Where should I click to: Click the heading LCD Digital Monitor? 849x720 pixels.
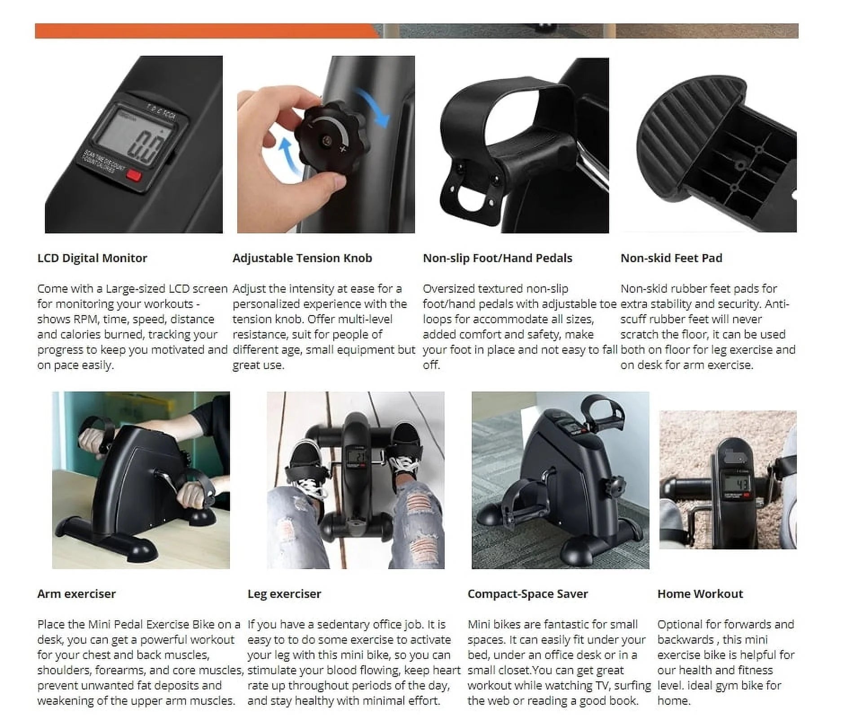[92, 258]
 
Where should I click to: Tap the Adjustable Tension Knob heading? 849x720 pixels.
[302, 258]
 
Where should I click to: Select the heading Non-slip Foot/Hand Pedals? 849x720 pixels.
[497, 258]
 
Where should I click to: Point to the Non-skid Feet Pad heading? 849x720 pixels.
[671, 258]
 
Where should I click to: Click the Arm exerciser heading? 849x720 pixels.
[76, 594]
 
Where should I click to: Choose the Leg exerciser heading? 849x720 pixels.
[284, 594]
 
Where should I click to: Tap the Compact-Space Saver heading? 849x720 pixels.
[527, 594]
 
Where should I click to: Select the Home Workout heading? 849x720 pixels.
[700, 594]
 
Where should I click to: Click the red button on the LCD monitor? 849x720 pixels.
[134, 175]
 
